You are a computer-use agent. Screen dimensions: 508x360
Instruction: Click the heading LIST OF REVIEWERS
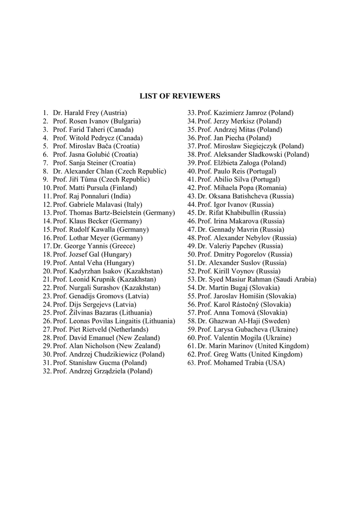tap(180, 96)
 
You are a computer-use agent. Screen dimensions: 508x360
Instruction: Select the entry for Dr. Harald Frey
tap(90, 113)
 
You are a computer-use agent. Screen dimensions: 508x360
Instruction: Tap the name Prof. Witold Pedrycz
tap(98, 138)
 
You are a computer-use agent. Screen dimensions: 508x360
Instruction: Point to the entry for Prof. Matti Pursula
tap(95, 188)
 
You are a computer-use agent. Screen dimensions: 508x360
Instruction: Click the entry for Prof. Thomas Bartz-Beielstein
tap(114, 213)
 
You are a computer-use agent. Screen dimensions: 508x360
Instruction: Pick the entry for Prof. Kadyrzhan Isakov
tap(108, 271)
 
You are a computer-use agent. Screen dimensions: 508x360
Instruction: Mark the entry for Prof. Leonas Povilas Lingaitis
tap(114, 321)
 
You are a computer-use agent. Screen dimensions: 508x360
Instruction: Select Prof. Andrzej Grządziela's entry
tap(102, 371)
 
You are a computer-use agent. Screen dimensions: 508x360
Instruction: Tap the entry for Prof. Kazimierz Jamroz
tap(245, 113)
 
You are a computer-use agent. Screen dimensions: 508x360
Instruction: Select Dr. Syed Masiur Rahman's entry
tap(257, 279)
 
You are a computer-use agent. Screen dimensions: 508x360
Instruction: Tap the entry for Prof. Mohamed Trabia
tap(241, 363)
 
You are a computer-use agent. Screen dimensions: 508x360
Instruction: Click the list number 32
tap(47, 371)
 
